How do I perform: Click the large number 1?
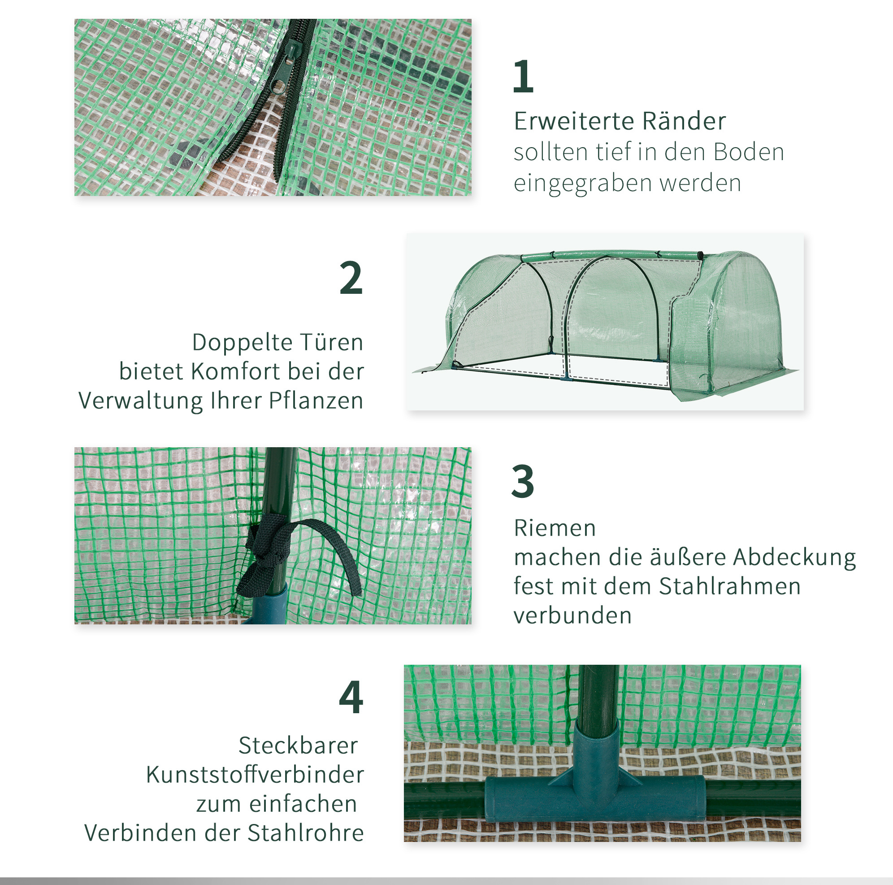click(x=523, y=76)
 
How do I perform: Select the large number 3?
click(x=523, y=481)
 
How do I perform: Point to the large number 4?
click(x=351, y=697)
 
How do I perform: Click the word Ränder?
click(x=684, y=121)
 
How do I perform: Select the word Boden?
click(x=749, y=152)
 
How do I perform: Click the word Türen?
click(x=331, y=342)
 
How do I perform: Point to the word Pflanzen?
click(x=316, y=401)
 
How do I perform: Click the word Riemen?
click(x=555, y=528)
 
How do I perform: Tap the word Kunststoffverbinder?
click(x=255, y=775)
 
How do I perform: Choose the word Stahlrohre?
click(x=306, y=833)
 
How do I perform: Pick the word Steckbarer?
click(x=298, y=745)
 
